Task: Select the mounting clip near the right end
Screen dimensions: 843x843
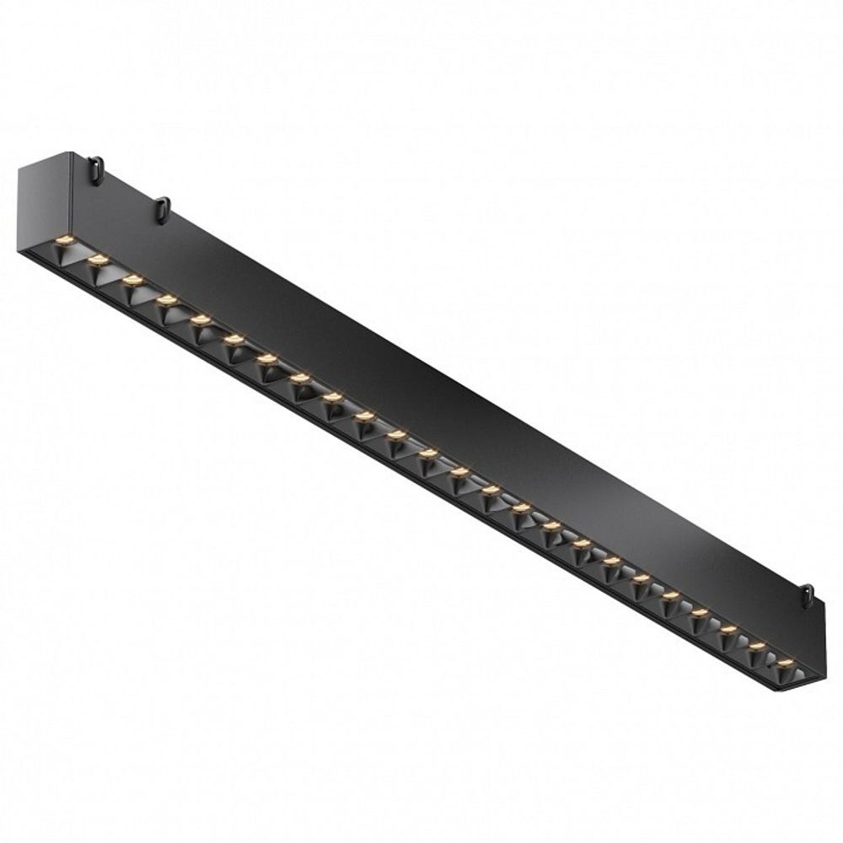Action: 807,595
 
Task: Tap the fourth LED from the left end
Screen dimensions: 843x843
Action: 166,298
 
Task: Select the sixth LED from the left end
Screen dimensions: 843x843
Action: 234,339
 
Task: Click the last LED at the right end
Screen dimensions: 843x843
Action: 785,663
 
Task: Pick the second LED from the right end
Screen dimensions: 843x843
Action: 757,647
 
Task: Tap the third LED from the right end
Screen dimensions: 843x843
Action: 728,629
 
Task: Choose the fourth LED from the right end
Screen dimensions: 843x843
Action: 699,612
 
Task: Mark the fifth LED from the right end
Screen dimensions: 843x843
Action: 670,595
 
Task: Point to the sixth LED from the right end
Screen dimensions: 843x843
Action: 641,577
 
